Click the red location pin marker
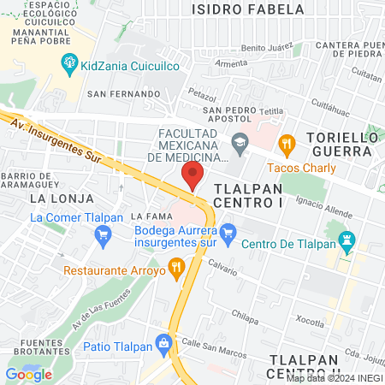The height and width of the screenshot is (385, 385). (x=192, y=176)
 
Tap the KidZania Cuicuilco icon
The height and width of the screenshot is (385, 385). (x=68, y=62)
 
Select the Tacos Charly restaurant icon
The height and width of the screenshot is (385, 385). (x=287, y=143)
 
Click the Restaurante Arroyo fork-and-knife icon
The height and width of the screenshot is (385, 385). (x=177, y=269)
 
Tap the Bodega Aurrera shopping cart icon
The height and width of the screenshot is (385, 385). (x=228, y=231)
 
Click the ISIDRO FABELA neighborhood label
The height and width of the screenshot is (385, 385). (x=248, y=9)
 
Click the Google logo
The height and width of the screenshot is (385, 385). (x=28, y=374)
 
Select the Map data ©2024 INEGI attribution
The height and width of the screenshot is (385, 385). (x=332, y=378)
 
